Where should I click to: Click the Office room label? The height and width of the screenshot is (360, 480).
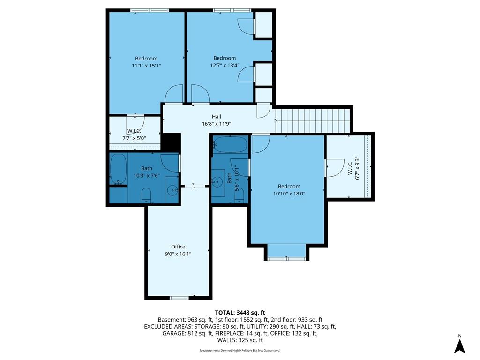178,247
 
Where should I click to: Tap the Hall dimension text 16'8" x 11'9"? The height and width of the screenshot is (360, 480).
217,124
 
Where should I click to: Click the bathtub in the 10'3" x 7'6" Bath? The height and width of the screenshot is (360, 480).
118,169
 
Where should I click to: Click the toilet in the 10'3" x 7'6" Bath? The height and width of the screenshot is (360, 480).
146,195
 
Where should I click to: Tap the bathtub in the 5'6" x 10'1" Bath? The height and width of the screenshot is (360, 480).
231,144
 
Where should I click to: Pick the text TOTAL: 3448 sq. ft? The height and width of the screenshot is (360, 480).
240,313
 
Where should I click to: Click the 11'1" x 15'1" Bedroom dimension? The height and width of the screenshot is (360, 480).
146,66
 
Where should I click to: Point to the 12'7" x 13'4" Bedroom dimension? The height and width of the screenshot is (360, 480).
225,65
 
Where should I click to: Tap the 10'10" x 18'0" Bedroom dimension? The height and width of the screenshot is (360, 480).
289,194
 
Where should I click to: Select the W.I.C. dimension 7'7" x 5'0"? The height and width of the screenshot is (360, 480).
134,138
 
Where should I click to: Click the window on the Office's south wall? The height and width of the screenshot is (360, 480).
180,298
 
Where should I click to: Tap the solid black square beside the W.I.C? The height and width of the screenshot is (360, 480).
170,142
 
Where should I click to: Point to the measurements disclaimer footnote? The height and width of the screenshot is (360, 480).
240,350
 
